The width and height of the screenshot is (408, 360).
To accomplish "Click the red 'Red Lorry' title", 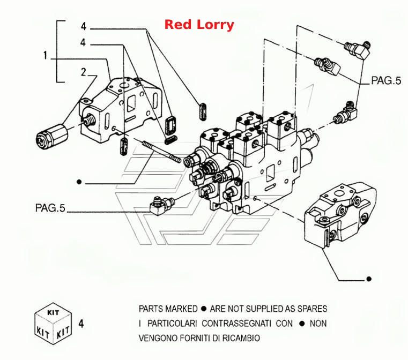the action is (199, 25).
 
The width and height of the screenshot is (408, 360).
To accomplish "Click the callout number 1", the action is (45, 55).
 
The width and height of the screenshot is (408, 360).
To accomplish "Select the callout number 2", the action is (83, 72).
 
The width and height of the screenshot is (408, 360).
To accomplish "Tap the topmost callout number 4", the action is (83, 26).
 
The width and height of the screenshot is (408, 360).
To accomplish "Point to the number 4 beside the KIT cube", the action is (81, 324).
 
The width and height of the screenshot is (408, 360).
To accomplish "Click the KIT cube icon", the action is (53, 324).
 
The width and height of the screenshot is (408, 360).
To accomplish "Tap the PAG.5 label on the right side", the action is (386, 80).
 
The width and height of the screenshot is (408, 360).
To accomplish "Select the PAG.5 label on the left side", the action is (50, 208).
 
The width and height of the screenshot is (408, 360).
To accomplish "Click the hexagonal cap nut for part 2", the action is (51, 136).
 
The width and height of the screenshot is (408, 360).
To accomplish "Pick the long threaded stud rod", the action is (161, 152).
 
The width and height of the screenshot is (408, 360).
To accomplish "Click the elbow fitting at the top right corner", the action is (357, 50).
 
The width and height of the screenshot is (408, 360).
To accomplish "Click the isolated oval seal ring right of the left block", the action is (203, 112).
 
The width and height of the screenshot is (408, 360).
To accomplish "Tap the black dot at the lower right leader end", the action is (369, 279).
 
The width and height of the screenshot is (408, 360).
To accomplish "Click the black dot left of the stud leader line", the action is (79, 182).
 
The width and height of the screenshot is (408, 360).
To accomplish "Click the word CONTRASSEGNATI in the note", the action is (236, 324).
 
